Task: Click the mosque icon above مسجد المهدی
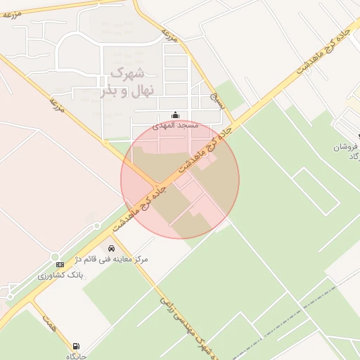(x=176, y=115)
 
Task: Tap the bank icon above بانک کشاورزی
(x=60, y=264)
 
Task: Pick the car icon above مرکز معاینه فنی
(x=112, y=248)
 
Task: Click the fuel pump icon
(x=75, y=347)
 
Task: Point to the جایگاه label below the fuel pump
(x=76, y=356)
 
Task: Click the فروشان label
(x=347, y=147)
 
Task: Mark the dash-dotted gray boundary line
(x=295, y=309)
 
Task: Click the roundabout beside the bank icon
(x=55, y=257)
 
